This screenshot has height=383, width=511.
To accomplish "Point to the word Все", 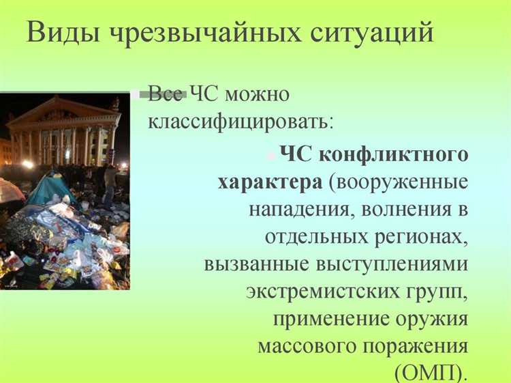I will tap(166, 94).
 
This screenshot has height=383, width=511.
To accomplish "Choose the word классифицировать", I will tap(241, 123).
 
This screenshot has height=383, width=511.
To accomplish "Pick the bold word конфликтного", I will tap(394, 154).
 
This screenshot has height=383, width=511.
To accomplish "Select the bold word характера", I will tap(270, 184).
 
